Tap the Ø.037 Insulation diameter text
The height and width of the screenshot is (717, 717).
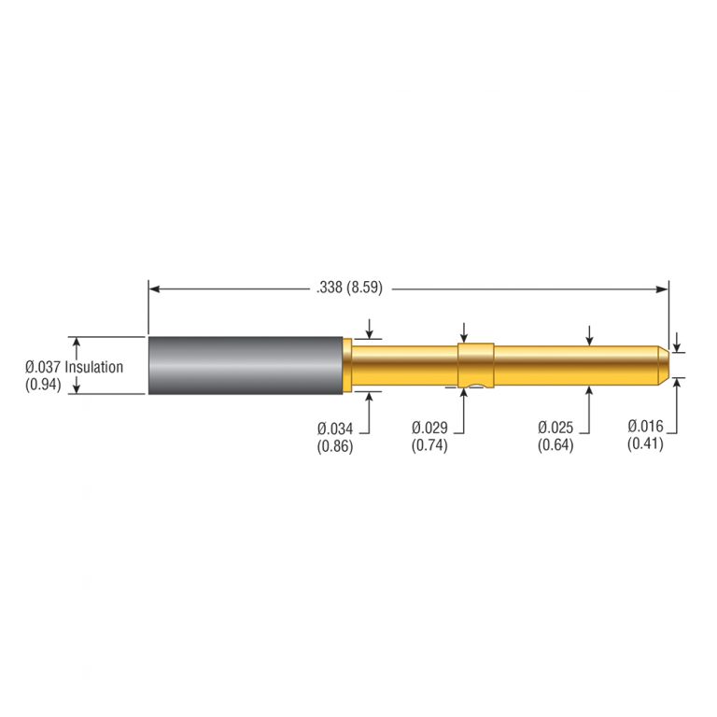pyautogui.click(x=74, y=367)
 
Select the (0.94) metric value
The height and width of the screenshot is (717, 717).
pyautogui.click(x=43, y=384)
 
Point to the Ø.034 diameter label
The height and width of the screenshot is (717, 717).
pyautogui.click(x=335, y=428)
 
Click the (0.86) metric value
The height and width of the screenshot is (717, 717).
pyautogui.click(x=335, y=445)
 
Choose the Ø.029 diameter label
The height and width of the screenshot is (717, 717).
pyautogui.click(x=430, y=428)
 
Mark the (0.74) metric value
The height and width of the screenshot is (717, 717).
pyautogui.click(x=430, y=445)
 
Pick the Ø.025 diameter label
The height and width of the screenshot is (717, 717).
pyautogui.click(x=555, y=428)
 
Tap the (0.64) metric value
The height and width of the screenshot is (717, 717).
pyautogui.click(x=555, y=445)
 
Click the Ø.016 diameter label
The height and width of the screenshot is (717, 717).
pyautogui.click(x=645, y=428)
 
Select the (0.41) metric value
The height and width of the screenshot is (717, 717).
pyautogui.click(x=645, y=445)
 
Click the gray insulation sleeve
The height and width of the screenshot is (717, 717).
pyautogui.click(x=245, y=365)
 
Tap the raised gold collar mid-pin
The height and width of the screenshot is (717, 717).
pyautogui.click(x=475, y=364)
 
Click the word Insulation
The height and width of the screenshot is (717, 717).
pyautogui.click(x=94, y=367)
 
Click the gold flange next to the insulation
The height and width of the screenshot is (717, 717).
pyautogui.click(x=347, y=365)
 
